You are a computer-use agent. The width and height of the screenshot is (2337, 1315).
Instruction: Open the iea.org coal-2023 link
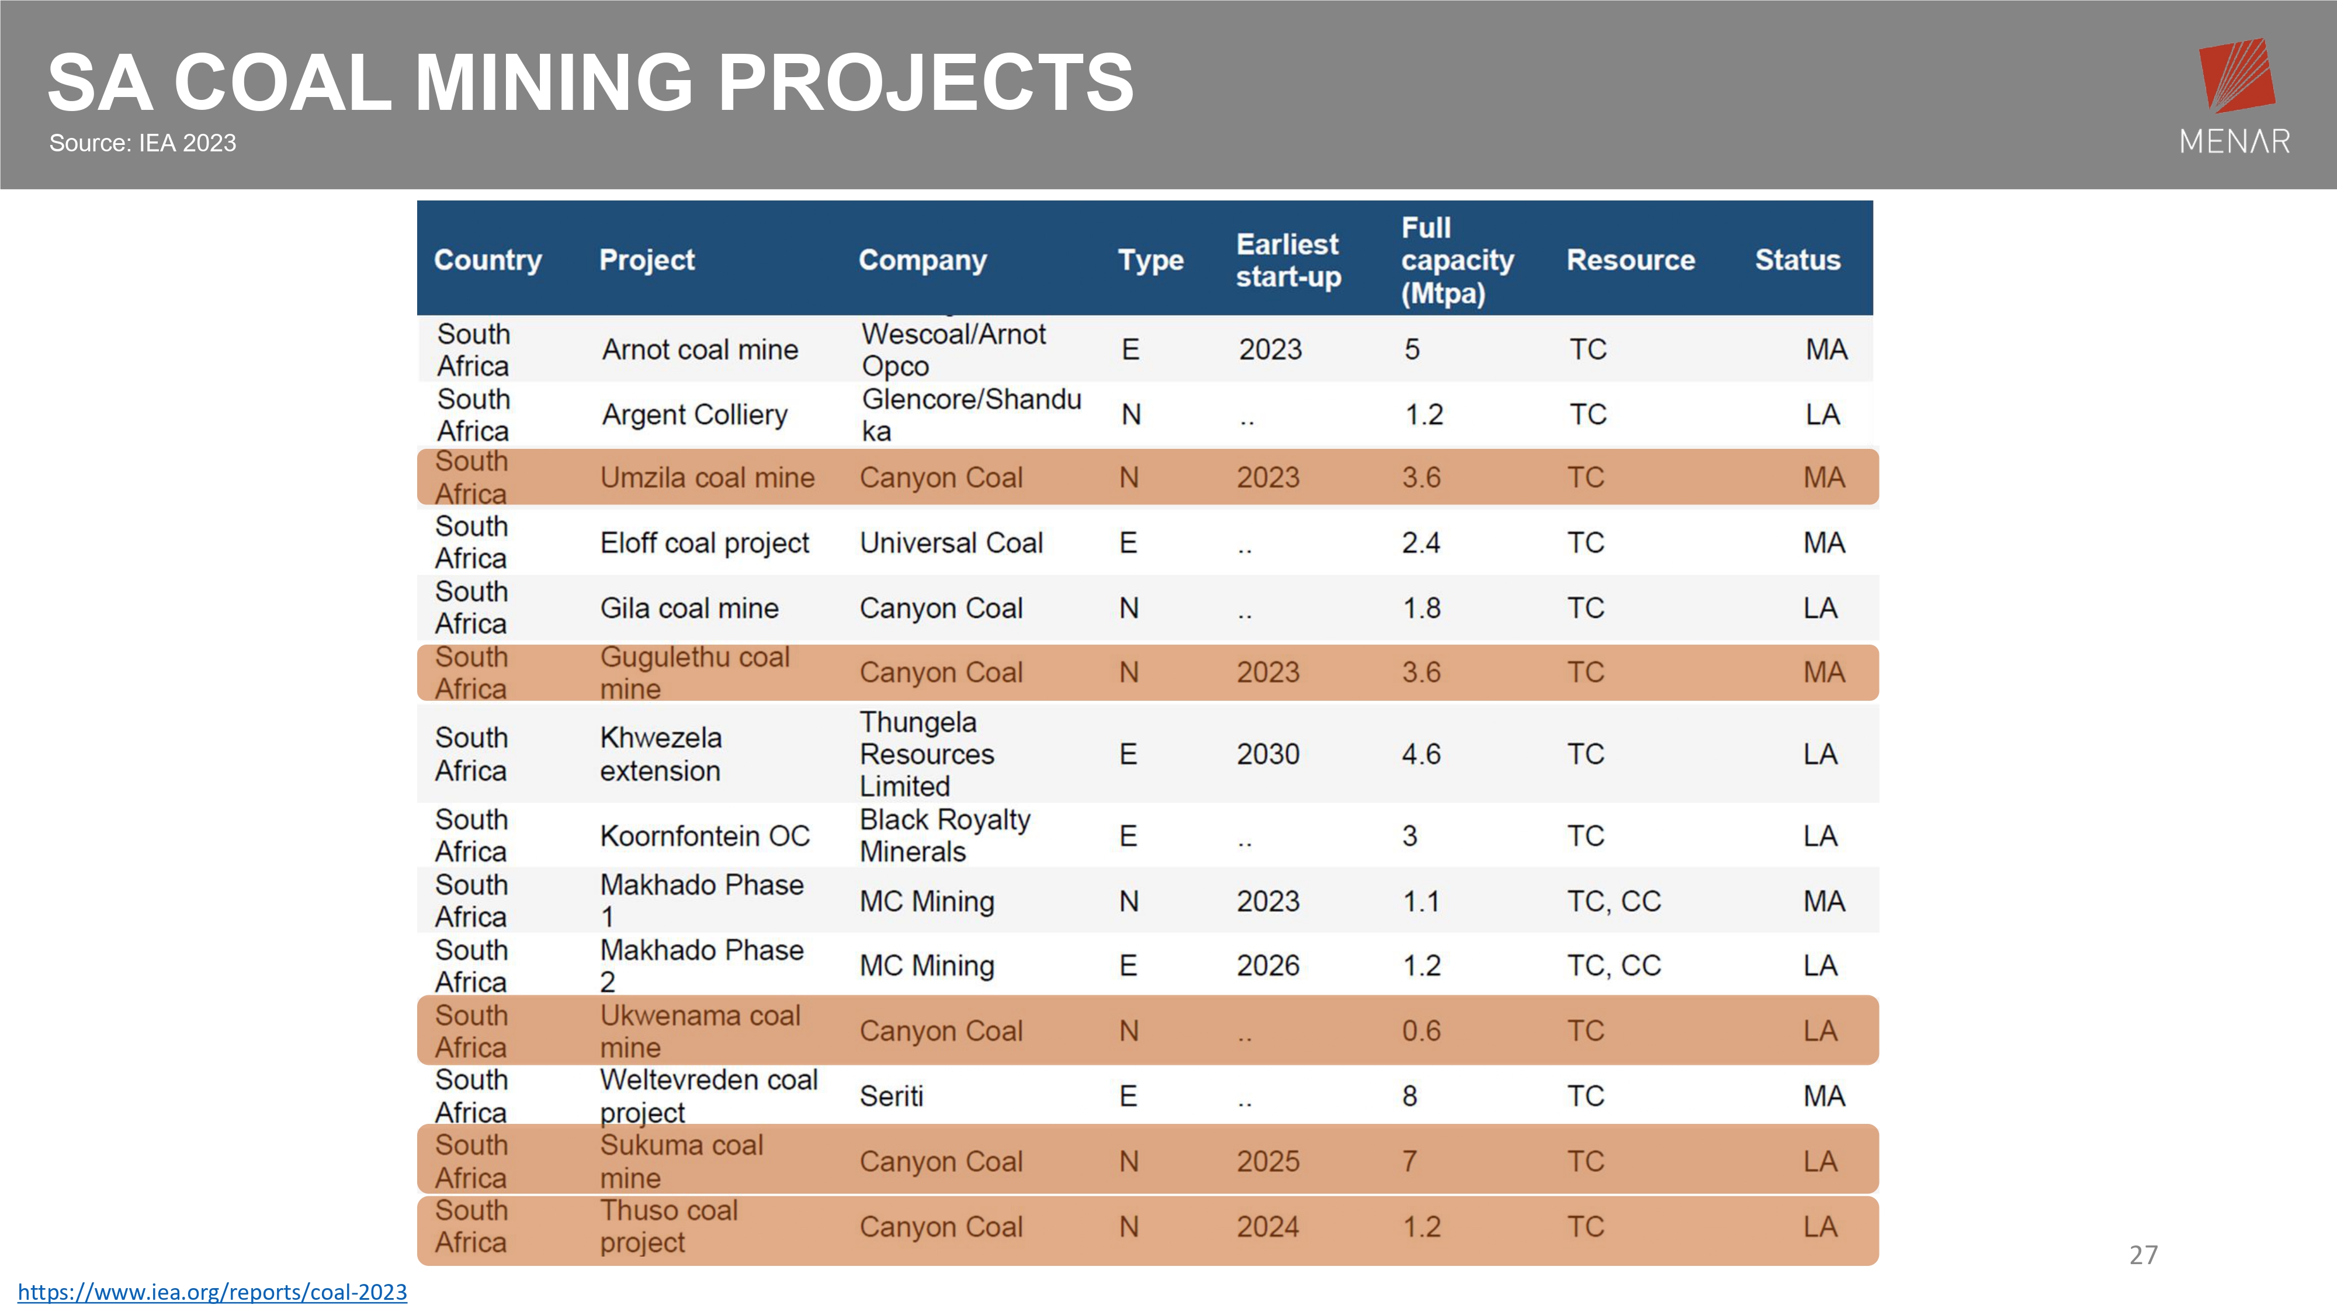point(212,1292)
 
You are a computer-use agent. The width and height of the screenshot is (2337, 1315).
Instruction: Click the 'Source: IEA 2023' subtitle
point(143,143)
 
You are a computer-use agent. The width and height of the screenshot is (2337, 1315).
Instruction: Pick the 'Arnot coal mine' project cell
point(701,349)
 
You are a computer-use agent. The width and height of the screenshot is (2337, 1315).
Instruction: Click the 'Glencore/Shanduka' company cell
point(972,415)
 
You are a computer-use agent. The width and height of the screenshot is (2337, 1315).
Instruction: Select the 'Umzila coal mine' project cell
point(708,477)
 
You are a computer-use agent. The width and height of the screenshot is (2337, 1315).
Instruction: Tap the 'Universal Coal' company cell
point(952,543)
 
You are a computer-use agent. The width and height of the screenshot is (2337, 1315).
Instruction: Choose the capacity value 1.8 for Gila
point(1421,608)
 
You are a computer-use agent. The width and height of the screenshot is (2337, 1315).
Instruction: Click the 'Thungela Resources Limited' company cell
point(927,753)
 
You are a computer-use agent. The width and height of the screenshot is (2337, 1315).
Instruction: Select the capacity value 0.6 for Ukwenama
point(1421,1031)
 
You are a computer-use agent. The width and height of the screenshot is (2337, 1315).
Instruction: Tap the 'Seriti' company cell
point(892,1096)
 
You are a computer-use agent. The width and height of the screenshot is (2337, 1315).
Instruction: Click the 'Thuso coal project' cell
point(668,1226)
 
